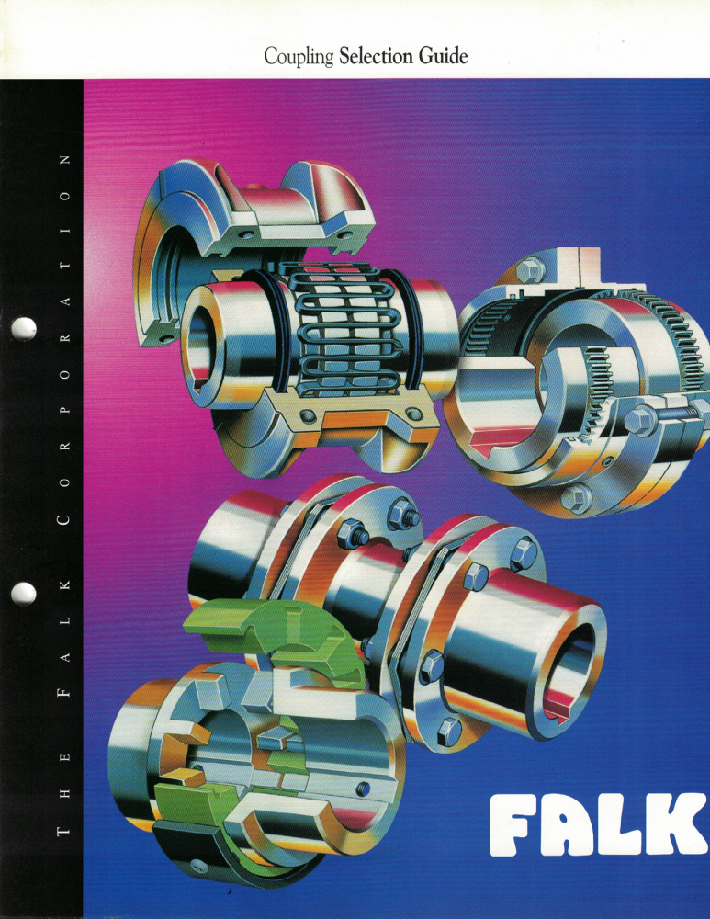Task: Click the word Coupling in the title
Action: (299, 57)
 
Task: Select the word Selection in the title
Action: (376, 56)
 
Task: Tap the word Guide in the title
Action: (443, 56)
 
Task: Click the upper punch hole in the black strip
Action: (24, 329)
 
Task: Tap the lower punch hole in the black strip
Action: (24, 593)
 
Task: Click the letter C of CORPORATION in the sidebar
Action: (64, 520)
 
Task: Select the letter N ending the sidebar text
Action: (64, 159)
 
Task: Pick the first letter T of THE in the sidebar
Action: (64, 831)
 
